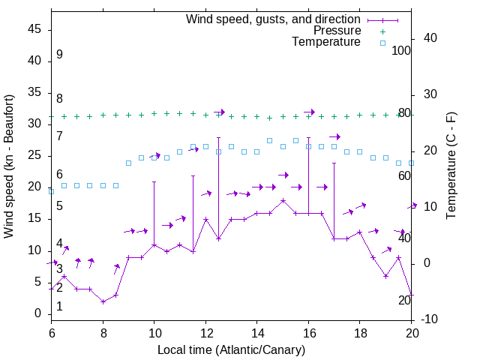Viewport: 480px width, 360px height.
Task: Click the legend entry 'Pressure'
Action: point(337,31)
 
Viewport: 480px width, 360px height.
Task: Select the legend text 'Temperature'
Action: point(326,42)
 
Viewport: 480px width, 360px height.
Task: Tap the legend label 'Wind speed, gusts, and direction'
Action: point(273,19)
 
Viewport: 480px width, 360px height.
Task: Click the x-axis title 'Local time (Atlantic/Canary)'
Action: point(231,350)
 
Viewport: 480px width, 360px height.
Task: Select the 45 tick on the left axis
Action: point(34,29)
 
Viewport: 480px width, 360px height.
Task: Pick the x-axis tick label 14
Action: point(256,333)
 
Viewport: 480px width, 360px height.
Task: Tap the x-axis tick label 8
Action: point(103,333)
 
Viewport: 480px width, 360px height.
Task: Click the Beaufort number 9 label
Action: point(59,55)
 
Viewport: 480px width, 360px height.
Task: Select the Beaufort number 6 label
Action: point(59,175)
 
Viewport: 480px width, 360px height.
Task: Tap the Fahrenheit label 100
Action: point(402,51)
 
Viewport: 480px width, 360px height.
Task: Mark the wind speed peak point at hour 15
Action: point(283,201)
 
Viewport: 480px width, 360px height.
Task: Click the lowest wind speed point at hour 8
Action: point(103,301)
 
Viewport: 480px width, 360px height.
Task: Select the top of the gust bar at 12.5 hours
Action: point(218,137)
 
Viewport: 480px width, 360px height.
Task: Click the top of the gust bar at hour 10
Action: point(154,181)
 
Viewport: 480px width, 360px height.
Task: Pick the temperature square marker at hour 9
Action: point(128,163)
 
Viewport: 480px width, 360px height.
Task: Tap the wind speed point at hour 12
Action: point(205,220)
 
